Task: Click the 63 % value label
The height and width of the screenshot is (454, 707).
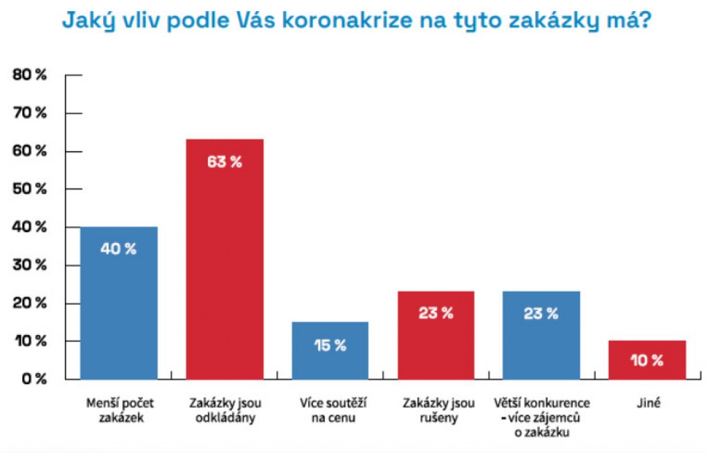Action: pos(224,162)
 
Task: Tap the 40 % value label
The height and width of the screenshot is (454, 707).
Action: pos(119,249)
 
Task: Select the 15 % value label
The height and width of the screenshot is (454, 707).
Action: pos(330,346)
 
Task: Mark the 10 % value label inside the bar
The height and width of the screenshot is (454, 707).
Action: pos(647,360)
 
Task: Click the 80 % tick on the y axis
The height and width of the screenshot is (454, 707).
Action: pos(30,75)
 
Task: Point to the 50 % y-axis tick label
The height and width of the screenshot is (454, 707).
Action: pos(30,189)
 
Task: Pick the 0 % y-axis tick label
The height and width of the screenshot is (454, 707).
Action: pos(32,379)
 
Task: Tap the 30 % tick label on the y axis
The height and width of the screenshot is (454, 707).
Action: pos(30,265)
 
